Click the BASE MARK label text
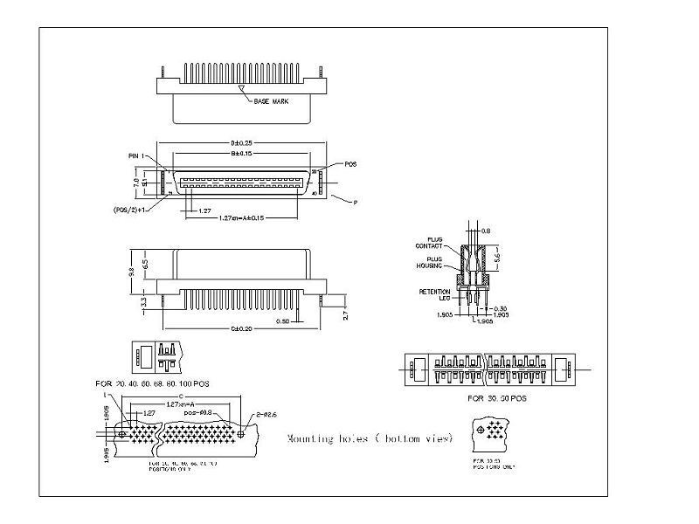click(271, 102)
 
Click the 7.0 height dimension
click(135, 183)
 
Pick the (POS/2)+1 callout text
click(129, 210)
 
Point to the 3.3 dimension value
click(144, 301)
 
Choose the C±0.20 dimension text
click(239, 329)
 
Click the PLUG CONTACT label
click(439, 242)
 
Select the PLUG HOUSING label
click(439, 262)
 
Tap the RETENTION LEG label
click(434, 294)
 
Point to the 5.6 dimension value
click(497, 259)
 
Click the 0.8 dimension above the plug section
click(487, 231)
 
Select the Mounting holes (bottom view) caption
click(370, 438)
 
